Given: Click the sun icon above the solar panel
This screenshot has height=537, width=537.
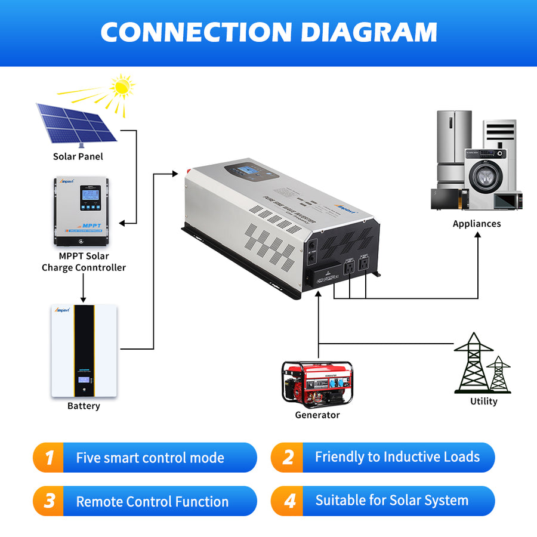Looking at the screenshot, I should pos(122,87).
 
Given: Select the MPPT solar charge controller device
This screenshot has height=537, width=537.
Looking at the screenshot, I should pos(83,211).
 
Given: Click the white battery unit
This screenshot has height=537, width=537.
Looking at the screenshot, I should pos(84,350).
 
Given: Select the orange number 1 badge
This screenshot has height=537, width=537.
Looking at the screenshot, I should pos(49,458).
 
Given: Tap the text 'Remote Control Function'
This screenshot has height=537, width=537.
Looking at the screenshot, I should pos(152,502).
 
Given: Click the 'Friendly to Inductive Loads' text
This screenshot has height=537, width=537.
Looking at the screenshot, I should pos(397,457).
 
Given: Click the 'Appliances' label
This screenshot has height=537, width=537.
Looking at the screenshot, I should pos(476,224).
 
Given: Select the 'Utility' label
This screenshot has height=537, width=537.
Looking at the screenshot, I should pos(483,401).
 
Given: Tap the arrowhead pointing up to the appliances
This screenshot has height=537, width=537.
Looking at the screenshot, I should pos(478,235).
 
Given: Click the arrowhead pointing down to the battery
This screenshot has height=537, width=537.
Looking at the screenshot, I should pos(83,298).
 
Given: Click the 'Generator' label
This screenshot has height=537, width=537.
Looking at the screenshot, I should pos(317,415).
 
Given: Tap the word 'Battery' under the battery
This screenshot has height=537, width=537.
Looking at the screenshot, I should pos(84,406).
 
